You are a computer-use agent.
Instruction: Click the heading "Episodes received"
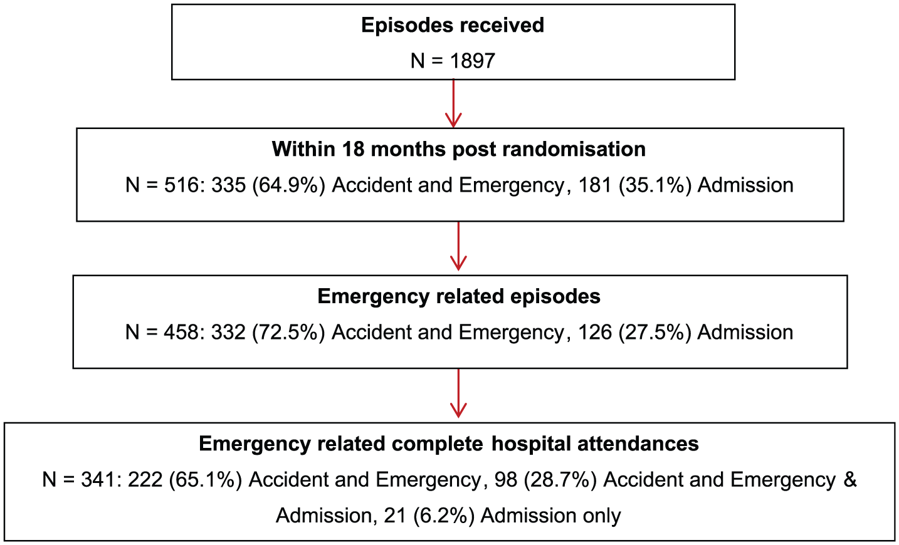pyautogui.click(x=453, y=25)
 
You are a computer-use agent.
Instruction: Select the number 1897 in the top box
pyautogui.click(x=472, y=61)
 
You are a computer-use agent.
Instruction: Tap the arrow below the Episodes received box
pyautogui.click(x=453, y=103)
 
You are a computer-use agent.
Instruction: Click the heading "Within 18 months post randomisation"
pyautogui.click(x=459, y=149)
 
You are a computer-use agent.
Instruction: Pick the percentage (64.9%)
pyautogui.click(x=288, y=185)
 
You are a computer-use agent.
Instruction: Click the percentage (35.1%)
pyautogui.click(x=655, y=185)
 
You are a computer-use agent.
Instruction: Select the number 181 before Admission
pyautogui.click(x=596, y=185)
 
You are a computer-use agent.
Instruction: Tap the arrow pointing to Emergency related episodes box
pyautogui.click(x=458, y=246)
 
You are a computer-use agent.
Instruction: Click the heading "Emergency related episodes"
pyautogui.click(x=459, y=296)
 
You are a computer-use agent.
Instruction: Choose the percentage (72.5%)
pyautogui.click(x=288, y=333)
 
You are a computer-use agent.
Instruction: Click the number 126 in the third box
pyautogui.click(x=595, y=333)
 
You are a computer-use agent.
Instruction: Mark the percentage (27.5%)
pyautogui.click(x=655, y=333)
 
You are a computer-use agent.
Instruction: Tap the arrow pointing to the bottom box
pyautogui.click(x=458, y=393)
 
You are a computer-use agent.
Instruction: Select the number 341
pyautogui.click(x=98, y=480)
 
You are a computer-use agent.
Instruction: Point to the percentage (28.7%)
pyautogui.click(x=560, y=480)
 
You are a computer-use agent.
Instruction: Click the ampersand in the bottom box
pyautogui.click(x=850, y=480)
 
